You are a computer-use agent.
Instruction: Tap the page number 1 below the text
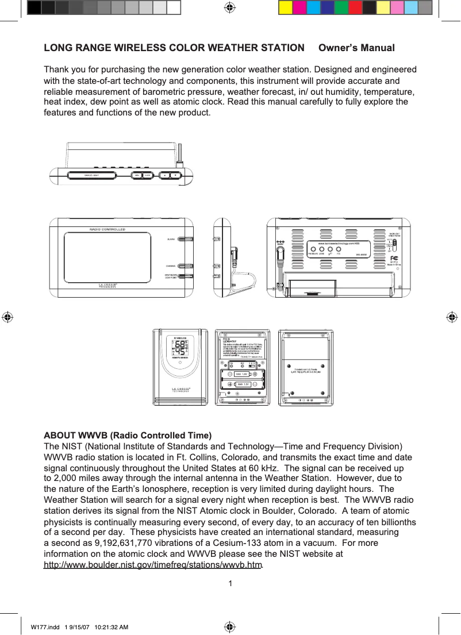[230, 584]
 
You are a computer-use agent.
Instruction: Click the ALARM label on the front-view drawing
[171, 238]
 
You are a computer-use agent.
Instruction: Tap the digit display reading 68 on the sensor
[179, 345]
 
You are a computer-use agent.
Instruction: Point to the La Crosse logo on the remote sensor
[180, 389]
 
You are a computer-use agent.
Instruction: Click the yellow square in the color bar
[285, 7]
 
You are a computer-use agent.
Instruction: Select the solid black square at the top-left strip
[34, 7]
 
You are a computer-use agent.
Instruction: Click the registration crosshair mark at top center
[229, 7]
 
